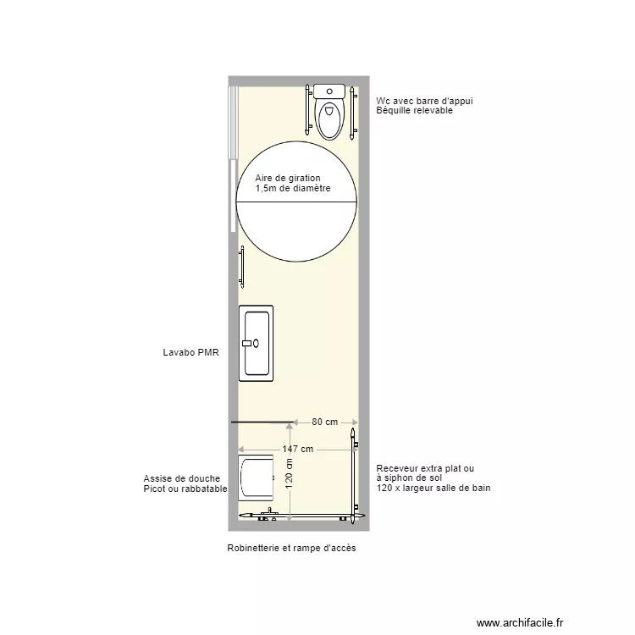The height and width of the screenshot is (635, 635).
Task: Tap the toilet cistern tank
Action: tap(330, 91)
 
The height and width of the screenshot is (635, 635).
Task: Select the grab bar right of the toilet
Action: tap(351, 111)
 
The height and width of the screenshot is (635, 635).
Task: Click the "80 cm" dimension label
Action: tap(325, 422)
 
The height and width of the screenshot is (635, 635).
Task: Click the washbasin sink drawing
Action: tap(257, 343)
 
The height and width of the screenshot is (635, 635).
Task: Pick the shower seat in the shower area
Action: tap(257, 478)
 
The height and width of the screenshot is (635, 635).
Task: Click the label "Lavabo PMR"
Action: tap(190, 353)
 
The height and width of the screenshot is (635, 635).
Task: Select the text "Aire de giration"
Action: tap(288, 178)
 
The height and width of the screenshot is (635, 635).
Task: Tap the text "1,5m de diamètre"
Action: tap(293, 188)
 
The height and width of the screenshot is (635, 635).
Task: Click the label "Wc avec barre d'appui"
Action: tap(424, 101)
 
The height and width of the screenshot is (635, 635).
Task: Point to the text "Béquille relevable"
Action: tap(415, 111)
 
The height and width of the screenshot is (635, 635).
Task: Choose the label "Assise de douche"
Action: tap(182, 479)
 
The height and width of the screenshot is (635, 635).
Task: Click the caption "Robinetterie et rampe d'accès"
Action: tap(291, 549)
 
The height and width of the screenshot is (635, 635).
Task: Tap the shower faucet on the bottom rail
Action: tap(270, 512)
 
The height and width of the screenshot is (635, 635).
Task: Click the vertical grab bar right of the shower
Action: tap(353, 474)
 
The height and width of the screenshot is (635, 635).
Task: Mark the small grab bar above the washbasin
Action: tap(242, 266)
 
